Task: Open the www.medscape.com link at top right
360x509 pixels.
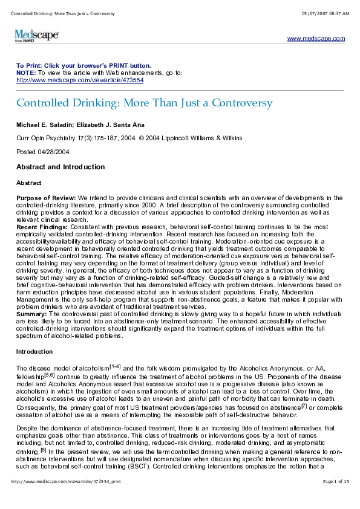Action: (x=316, y=38)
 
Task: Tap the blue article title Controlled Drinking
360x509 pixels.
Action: (x=145, y=103)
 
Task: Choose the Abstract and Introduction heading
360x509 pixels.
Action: (x=61, y=167)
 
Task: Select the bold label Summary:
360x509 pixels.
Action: (x=30, y=314)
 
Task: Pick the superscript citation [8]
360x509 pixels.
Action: (x=38, y=450)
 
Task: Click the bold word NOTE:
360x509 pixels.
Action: (x=26, y=72)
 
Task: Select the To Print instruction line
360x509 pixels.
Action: (x=83, y=65)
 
